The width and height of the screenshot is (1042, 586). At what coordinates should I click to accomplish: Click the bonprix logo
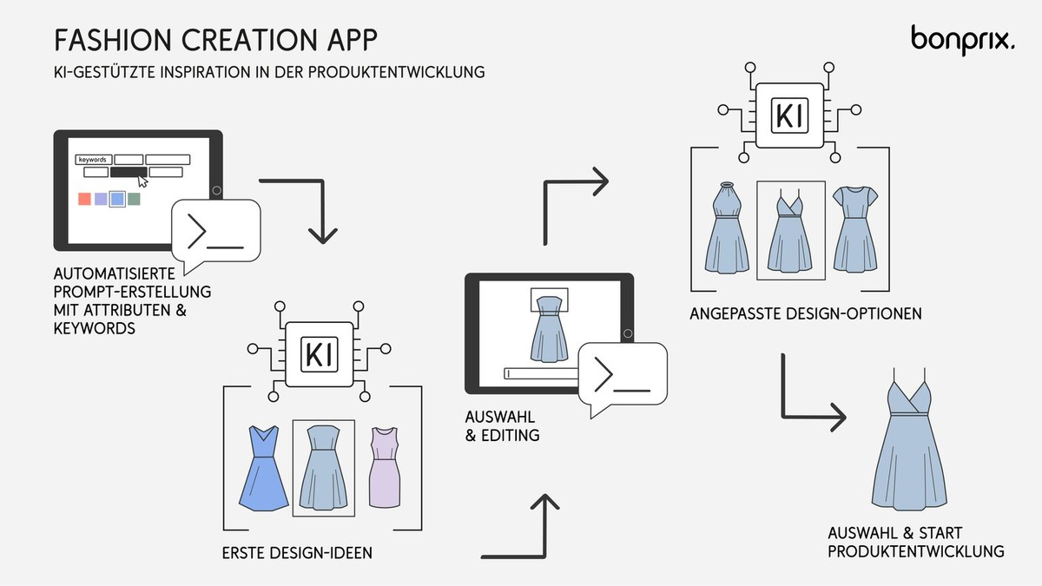[x=961, y=39]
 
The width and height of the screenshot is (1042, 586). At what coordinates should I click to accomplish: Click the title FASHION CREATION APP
[x=216, y=40]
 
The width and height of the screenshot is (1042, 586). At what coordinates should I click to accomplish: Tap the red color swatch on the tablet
[x=84, y=199]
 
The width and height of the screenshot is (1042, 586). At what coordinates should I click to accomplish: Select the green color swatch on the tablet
[x=134, y=199]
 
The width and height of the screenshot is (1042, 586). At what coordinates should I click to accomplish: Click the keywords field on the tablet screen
[x=94, y=160]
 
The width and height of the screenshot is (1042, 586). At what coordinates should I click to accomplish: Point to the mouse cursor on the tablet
[x=142, y=181]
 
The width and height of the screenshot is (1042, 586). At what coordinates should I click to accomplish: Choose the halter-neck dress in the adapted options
[x=726, y=229]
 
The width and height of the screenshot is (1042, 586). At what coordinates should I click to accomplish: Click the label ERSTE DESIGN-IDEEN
[x=298, y=552]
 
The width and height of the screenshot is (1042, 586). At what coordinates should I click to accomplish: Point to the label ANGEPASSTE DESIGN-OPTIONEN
[x=806, y=313]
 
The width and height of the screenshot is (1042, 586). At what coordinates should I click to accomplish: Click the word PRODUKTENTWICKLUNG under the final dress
[x=916, y=551]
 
